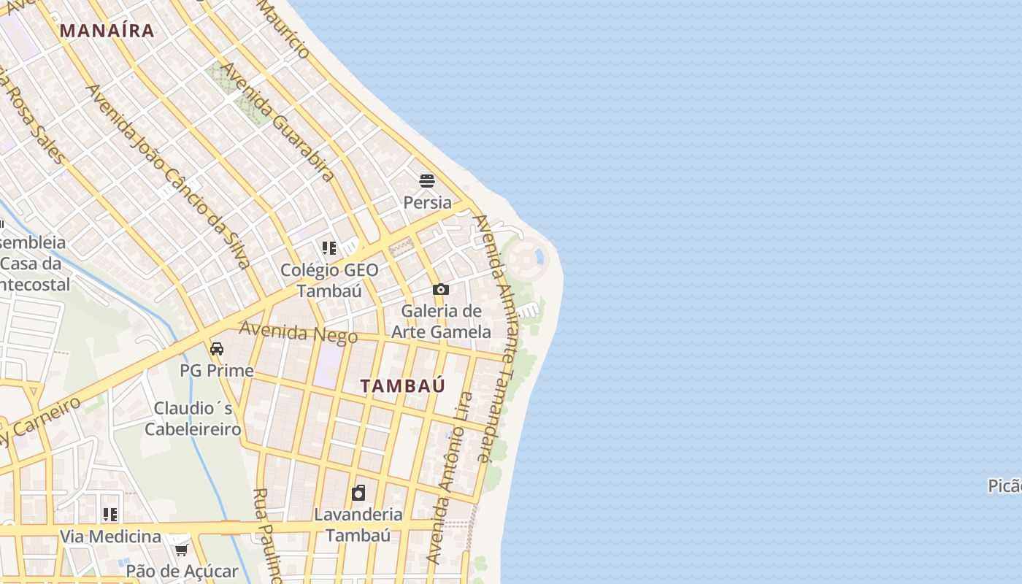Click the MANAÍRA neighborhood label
coord(107,31)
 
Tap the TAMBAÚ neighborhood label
coord(402,386)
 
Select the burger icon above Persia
coord(427,181)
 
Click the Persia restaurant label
coord(427,202)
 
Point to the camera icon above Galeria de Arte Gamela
coord(440,290)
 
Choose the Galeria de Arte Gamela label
coord(441,321)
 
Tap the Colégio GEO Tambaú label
coord(329,280)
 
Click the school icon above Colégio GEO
coord(329,248)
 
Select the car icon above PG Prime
coord(217,349)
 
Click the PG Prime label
coord(217,371)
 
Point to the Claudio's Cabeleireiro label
coord(193,418)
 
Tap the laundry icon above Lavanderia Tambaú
coord(358,493)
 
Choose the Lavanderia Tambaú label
coord(358,524)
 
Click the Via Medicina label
coord(110,537)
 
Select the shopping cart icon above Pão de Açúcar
coord(181,549)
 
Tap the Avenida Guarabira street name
coord(277,121)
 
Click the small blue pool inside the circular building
coord(539,256)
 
